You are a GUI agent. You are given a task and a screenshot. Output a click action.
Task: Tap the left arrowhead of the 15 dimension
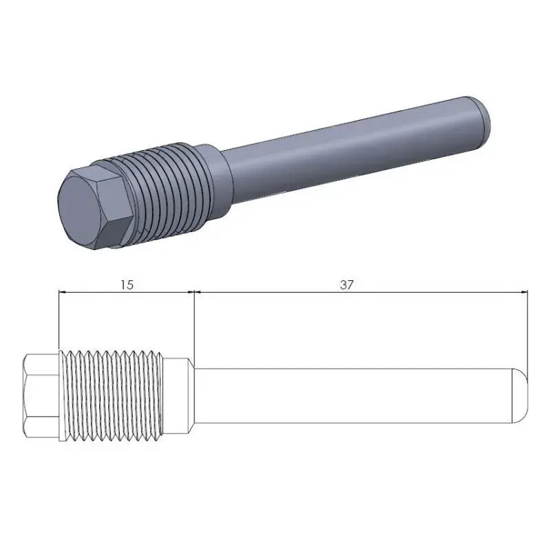64,292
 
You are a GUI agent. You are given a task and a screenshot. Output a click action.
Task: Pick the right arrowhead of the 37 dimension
523,292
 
